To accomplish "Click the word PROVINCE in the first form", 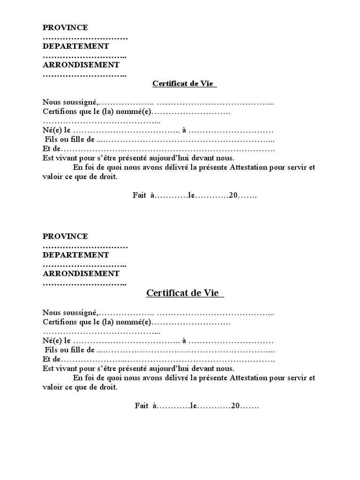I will [65, 28].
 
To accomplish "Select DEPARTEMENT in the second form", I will [76, 255].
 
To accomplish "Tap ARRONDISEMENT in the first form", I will [81, 65].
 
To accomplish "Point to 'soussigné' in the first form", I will [81, 102].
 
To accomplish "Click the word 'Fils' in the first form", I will [52, 140].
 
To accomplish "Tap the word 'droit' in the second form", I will [108, 388].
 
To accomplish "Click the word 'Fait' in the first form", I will [140, 195].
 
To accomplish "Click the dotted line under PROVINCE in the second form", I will [85, 246].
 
